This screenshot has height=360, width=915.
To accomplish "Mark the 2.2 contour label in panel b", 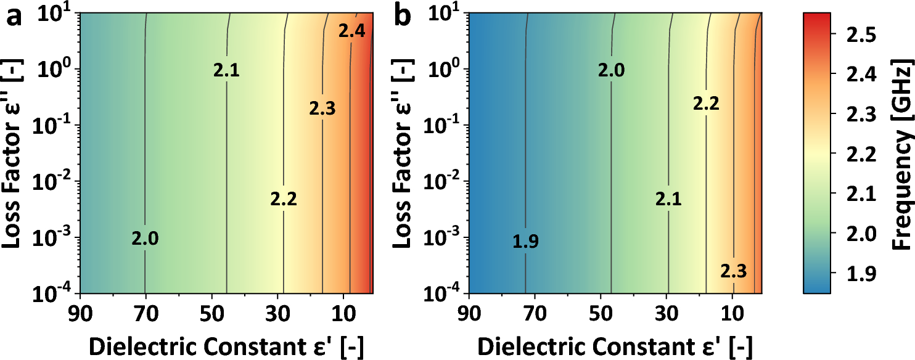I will [706, 104].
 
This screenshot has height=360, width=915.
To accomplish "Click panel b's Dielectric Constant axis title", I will [615, 347].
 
